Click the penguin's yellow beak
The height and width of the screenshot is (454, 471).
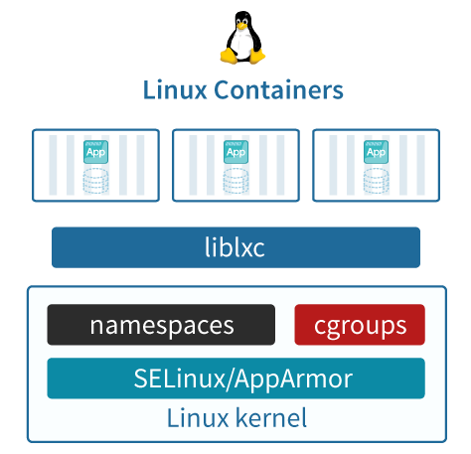click(242, 26)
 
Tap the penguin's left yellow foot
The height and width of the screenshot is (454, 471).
click(230, 56)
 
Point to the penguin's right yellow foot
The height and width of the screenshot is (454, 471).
click(257, 56)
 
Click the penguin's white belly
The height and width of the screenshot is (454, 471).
click(242, 43)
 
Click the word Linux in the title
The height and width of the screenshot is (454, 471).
click(175, 89)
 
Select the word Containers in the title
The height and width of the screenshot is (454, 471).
click(278, 89)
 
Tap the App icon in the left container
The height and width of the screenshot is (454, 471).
click(95, 152)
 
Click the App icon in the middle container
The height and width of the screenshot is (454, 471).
click(235, 152)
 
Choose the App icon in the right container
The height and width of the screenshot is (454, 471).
click(376, 152)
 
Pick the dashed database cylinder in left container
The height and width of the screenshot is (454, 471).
click(95, 181)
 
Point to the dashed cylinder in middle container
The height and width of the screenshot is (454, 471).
click(235, 181)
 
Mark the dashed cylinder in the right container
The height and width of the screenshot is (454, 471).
click(376, 181)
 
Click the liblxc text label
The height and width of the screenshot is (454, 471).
click(235, 247)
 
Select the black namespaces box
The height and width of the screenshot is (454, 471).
click(161, 325)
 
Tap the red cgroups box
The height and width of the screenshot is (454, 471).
click(360, 325)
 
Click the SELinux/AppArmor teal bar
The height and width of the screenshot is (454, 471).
click(236, 378)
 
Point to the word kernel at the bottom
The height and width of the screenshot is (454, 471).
click(271, 418)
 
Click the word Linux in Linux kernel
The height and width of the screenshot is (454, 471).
click(198, 418)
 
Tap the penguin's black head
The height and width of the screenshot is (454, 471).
click(242, 20)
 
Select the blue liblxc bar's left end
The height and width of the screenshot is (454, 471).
click(53, 247)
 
